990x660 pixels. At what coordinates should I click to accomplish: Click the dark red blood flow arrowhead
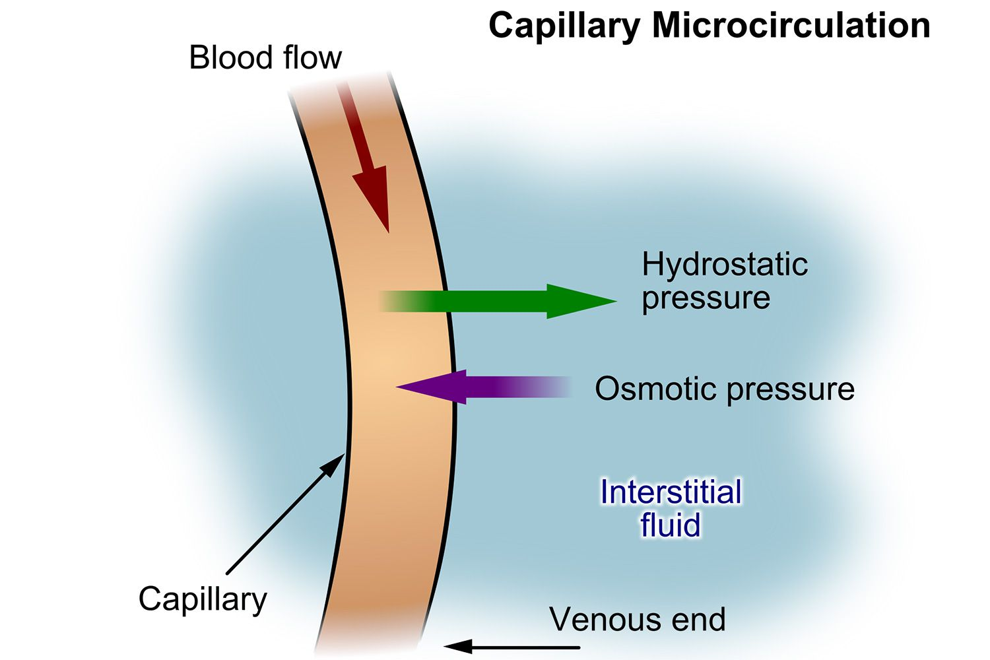click(x=372, y=198)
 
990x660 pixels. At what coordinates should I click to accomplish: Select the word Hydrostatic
click(x=724, y=265)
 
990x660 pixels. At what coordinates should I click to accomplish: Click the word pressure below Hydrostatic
click(x=706, y=298)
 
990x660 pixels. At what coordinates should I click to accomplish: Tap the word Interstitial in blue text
click(x=671, y=492)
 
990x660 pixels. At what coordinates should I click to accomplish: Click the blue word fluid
click(x=670, y=525)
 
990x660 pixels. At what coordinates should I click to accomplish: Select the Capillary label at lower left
click(x=202, y=599)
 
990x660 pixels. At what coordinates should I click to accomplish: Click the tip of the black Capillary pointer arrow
click(x=342, y=455)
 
